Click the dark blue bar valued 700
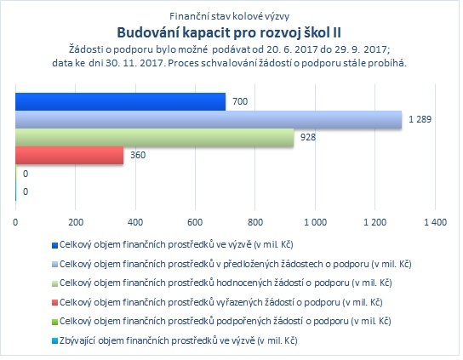coord(121,102)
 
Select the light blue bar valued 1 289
coord(209,120)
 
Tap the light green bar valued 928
coord(155,138)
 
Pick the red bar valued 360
coord(70,156)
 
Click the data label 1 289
coord(420,120)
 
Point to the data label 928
coord(308,137)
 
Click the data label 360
coord(138,156)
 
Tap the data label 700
coord(240,101)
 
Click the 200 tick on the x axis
coord(76,222)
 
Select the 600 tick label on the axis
coord(195,222)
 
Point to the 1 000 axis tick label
coord(316,222)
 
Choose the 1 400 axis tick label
coord(435,222)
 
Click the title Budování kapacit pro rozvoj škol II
coord(229,32)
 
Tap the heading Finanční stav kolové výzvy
coord(230,16)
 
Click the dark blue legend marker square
coord(54,246)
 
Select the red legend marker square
coord(54,303)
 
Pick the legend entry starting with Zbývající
coord(179,341)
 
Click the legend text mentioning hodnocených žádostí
coord(226,283)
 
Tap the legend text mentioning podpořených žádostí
coord(226,322)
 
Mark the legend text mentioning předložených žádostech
coord(236,264)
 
